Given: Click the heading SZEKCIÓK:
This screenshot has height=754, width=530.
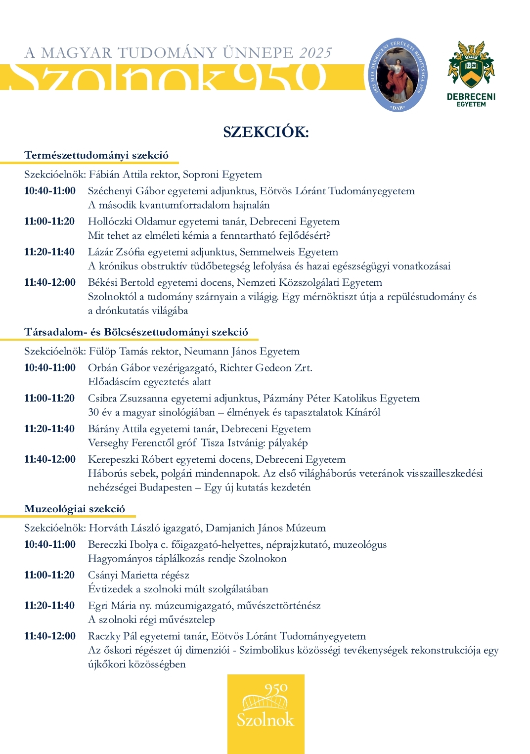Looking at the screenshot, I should (x=265, y=132).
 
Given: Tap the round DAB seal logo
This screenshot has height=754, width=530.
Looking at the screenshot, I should (x=398, y=74).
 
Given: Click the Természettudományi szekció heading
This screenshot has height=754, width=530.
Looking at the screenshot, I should (x=96, y=155).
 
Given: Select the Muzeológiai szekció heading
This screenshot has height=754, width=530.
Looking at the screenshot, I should (x=75, y=509).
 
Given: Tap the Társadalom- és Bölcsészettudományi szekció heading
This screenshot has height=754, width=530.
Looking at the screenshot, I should (x=136, y=332).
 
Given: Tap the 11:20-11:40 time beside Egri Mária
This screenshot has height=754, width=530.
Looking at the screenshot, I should (x=49, y=606).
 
